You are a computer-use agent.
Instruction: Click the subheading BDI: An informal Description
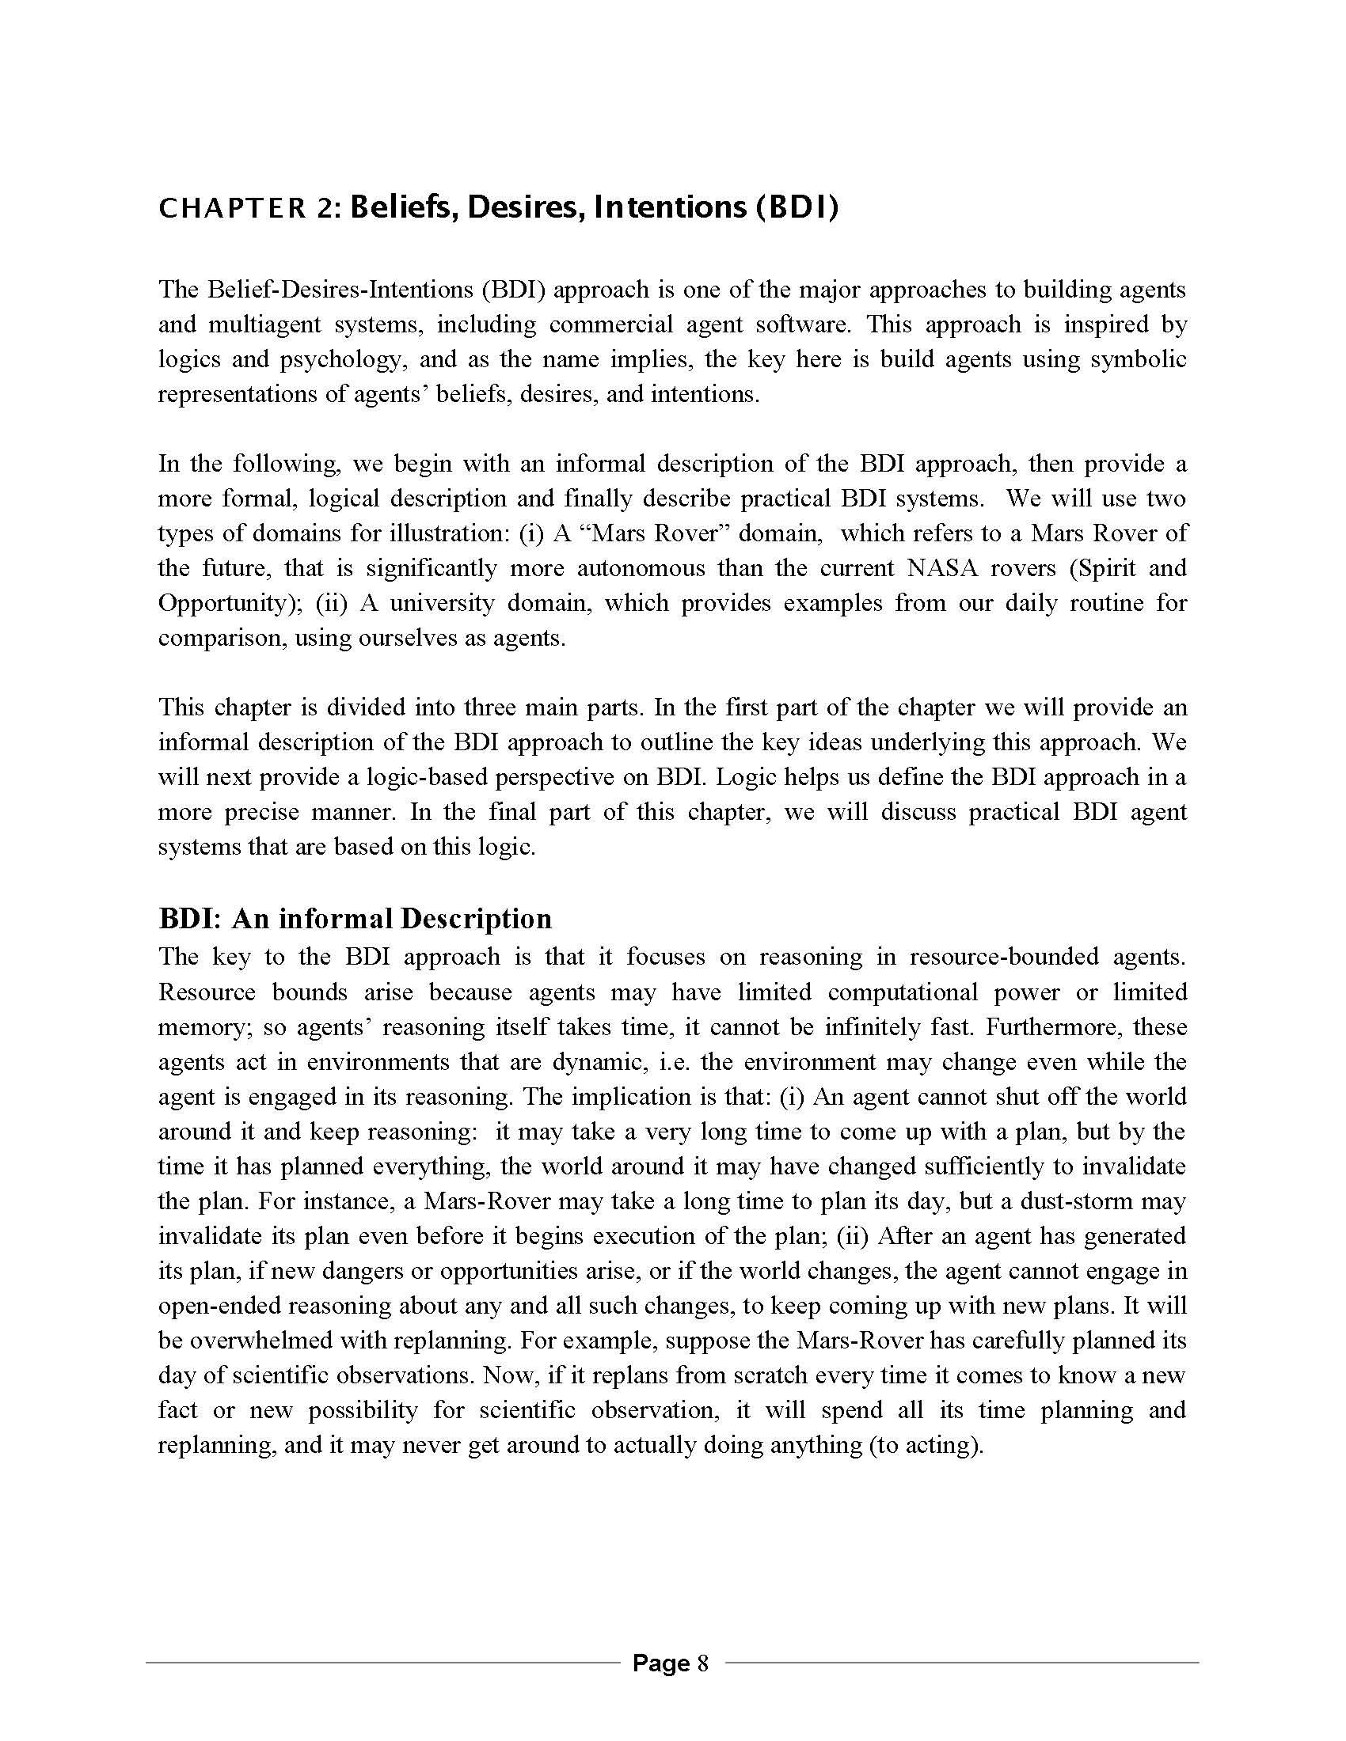355,918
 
